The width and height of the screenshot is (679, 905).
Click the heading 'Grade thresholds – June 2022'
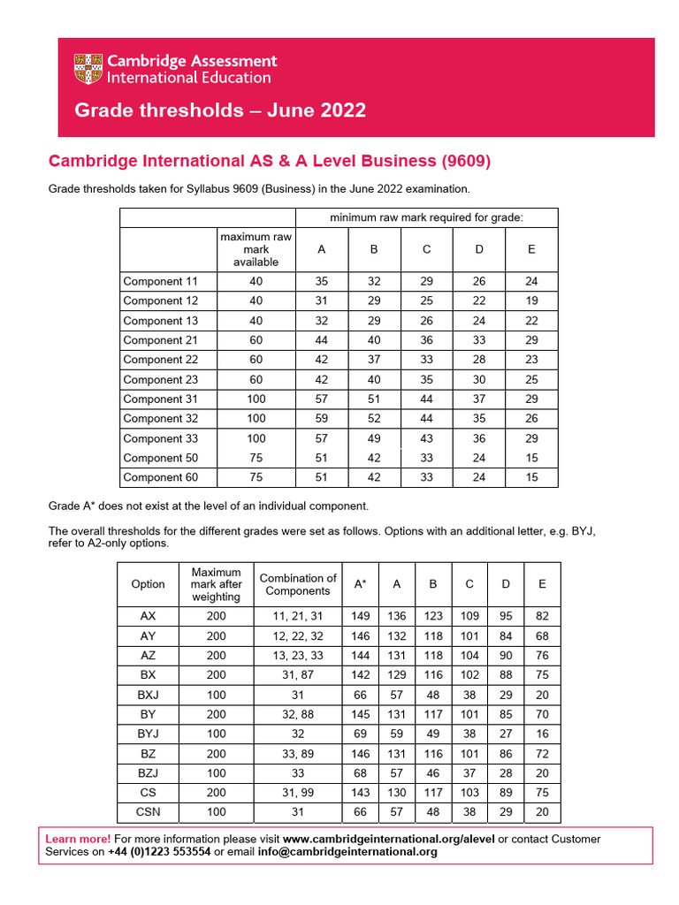[x=220, y=110]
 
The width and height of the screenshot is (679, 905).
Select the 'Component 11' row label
[x=161, y=282]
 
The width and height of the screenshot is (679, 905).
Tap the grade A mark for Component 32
[x=321, y=419]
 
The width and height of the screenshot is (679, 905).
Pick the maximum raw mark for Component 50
[x=256, y=458]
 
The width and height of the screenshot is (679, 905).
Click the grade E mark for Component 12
[x=530, y=301]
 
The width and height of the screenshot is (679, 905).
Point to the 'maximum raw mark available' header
[x=256, y=249]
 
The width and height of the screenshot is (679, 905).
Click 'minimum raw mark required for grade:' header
[x=426, y=217]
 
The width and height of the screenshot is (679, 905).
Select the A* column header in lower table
[x=361, y=584]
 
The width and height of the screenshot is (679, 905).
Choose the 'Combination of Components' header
[x=298, y=584]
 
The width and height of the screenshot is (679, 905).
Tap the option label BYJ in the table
[x=148, y=734]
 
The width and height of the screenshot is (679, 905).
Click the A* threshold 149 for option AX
[x=361, y=617]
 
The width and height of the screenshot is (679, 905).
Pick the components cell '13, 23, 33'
[x=298, y=656]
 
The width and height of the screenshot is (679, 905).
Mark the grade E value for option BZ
[x=542, y=753]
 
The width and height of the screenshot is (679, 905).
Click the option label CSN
[x=148, y=811]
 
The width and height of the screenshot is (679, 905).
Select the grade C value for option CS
[x=469, y=792]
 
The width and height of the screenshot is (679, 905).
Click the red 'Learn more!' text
[x=78, y=839]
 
